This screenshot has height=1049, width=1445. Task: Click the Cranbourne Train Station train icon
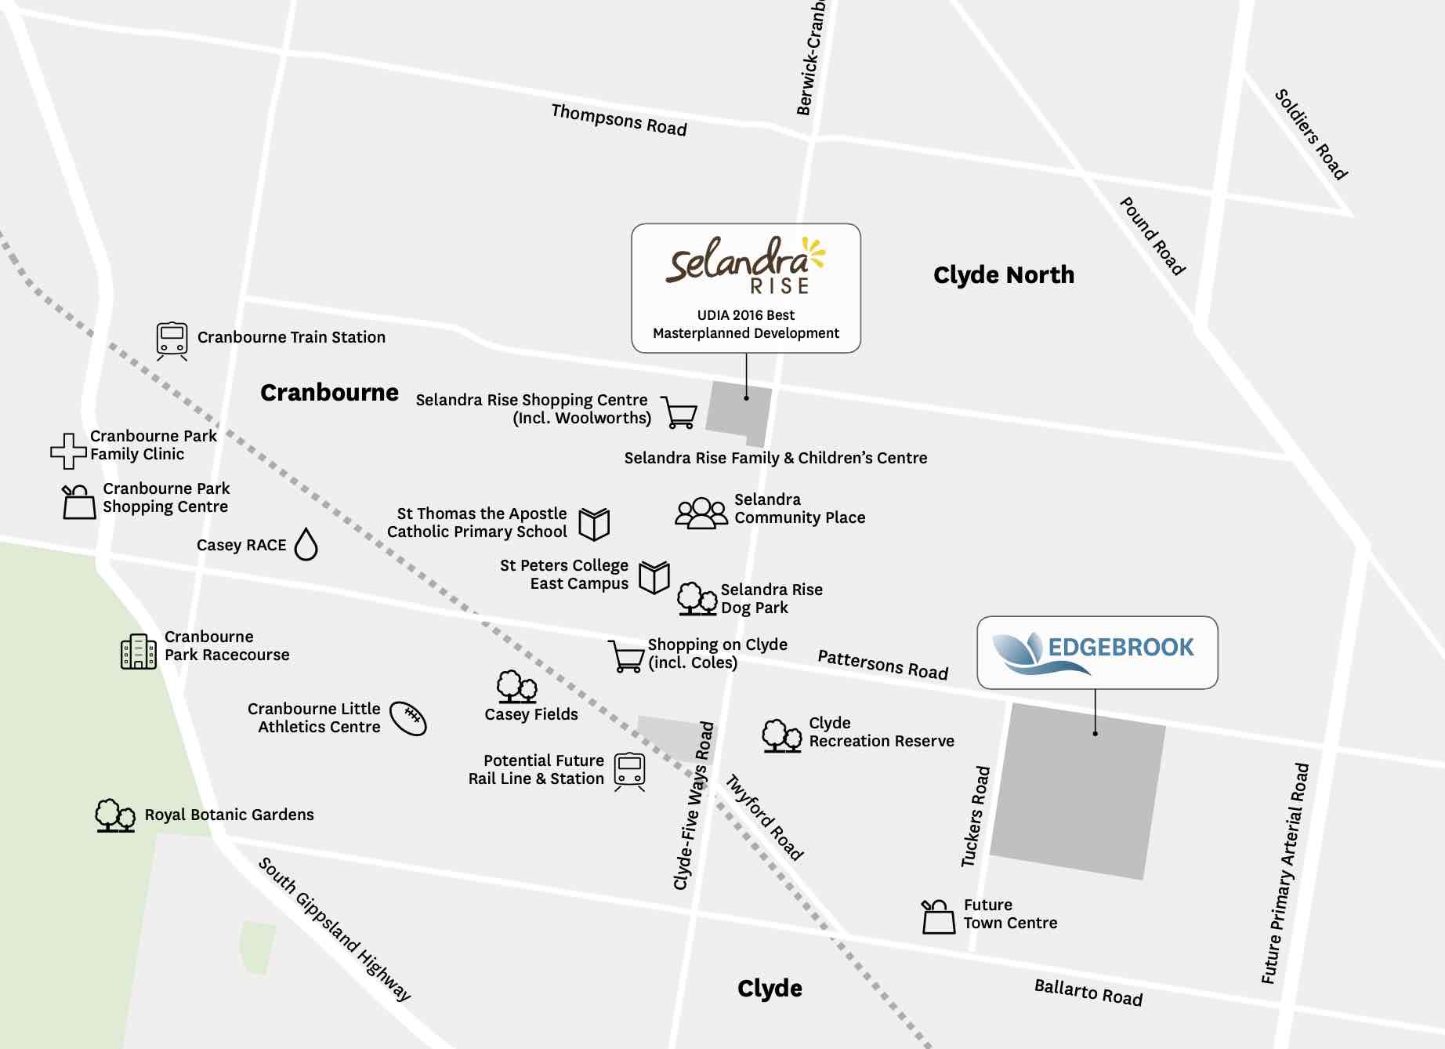[172, 340]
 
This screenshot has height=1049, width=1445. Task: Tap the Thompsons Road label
[619, 120]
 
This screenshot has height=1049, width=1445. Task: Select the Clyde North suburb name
[1003, 275]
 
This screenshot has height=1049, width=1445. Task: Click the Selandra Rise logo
[745, 265]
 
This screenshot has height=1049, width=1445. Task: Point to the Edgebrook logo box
[1096, 652]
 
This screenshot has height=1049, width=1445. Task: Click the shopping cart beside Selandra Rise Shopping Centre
[679, 412]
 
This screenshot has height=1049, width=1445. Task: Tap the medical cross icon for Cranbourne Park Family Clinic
[68, 451]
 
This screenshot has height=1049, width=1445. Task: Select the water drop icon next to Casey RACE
[306, 544]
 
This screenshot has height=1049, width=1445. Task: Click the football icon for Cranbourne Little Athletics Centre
[408, 718]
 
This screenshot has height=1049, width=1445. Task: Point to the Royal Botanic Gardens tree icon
[114, 815]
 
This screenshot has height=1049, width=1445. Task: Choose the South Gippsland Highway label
[335, 929]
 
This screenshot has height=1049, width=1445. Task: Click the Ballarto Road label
[1088, 993]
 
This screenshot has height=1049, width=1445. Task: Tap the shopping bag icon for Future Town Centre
[938, 917]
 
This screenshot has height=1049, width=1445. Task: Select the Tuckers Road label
[976, 816]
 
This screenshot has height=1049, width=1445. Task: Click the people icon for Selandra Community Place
[701, 514]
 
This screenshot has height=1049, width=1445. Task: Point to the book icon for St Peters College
[654, 578]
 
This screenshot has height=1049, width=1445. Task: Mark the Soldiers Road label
[1311, 134]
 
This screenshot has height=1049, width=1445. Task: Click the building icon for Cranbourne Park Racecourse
[139, 652]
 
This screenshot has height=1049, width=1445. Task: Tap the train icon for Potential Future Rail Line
[629, 771]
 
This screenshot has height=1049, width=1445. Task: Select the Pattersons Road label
[883, 665]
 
